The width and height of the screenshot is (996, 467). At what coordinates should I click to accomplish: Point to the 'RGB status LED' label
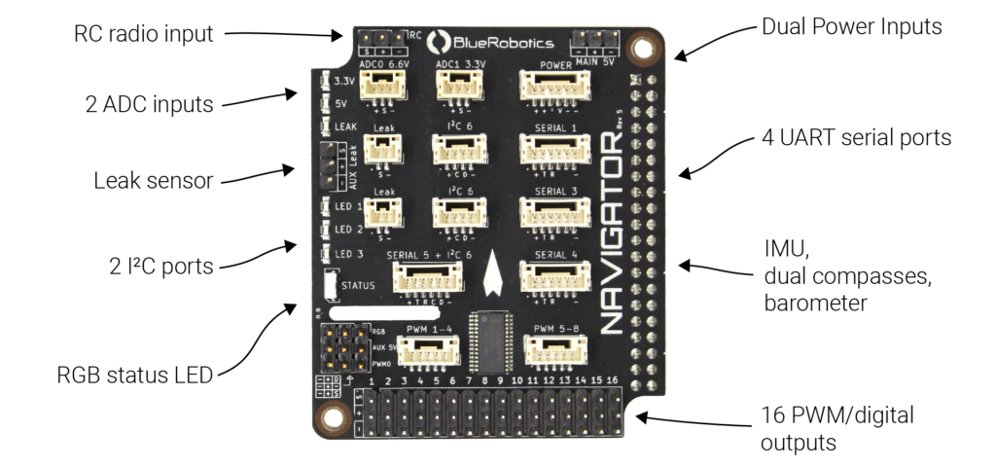(142, 375)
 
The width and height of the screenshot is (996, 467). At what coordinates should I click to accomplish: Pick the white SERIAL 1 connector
(554, 148)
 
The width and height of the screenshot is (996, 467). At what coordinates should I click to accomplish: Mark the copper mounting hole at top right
(643, 47)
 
